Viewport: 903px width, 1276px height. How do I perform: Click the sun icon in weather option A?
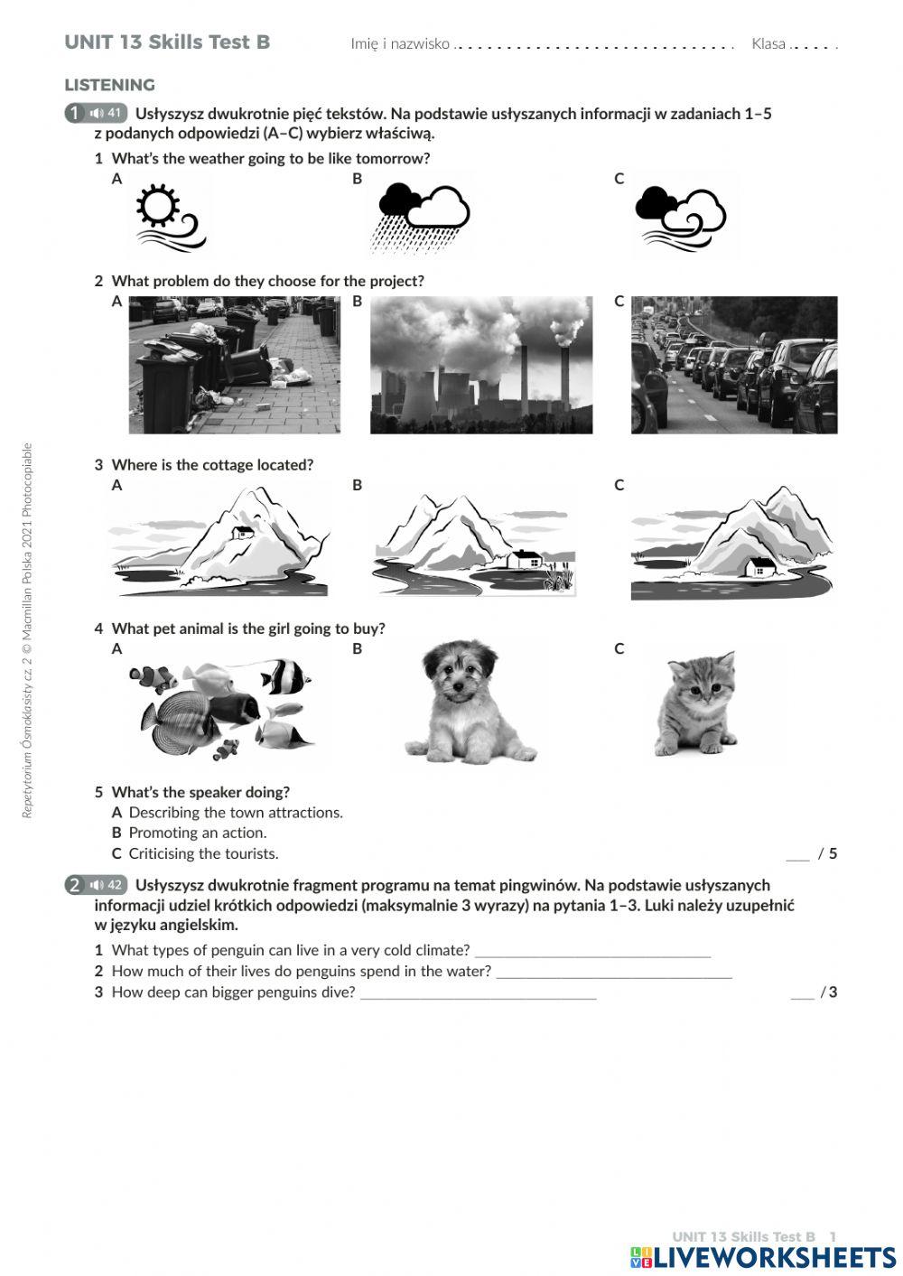[158, 207]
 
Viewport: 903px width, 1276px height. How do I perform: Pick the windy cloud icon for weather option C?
[681, 217]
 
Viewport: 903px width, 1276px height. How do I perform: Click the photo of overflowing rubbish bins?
[234, 365]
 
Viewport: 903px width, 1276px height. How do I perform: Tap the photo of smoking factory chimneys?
[481, 365]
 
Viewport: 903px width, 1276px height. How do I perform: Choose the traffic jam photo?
[733, 365]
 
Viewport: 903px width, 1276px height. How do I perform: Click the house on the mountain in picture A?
[243, 532]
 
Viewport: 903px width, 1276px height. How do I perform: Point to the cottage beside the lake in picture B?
[526, 559]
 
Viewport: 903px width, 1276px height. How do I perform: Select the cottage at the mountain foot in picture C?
[761, 566]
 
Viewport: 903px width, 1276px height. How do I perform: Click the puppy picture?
[467, 702]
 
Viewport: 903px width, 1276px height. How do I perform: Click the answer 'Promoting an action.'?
[197, 833]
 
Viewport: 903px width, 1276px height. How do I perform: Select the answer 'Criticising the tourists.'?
[203, 853]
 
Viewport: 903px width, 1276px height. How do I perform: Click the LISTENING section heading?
[109, 85]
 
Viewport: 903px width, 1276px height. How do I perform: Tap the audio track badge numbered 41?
[106, 114]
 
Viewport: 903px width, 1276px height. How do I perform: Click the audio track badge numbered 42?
[106, 885]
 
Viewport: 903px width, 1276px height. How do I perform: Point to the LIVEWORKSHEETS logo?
[762, 1257]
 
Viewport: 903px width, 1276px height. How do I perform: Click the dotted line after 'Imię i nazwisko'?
[593, 45]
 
